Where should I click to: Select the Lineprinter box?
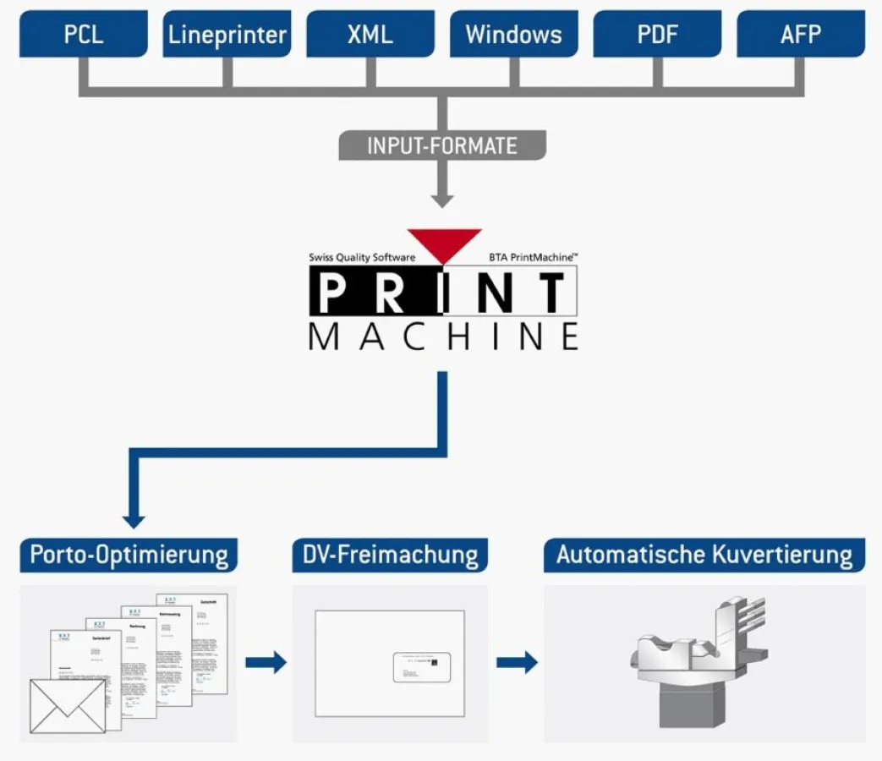click(227, 35)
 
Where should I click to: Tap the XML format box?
click(370, 35)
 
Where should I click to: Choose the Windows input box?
click(514, 35)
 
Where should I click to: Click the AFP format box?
click(801, 35)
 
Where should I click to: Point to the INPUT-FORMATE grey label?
click(441, 145)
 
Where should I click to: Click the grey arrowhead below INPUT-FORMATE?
click(441, 200)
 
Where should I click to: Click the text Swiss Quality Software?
click(362, 257)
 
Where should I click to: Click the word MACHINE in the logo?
click(443, 337)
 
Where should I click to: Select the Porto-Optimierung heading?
click(129, 556)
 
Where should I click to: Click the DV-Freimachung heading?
click(390, 556)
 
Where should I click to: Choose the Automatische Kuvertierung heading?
click(704, 556)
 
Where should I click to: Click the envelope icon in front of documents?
click(68, 705)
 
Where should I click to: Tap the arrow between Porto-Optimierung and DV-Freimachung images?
click(266, 662)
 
